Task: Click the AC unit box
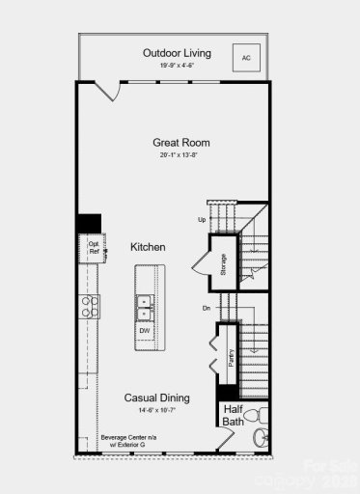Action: (245, 57)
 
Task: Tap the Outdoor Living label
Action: (177, 53)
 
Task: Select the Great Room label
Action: (180, 143)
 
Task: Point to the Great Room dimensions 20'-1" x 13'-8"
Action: (180, 155)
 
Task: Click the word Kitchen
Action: (148, 248)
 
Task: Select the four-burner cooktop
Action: (91, 307)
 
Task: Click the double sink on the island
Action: (145, 307)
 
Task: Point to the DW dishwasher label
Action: (145, 331)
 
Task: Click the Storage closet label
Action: (223, 264)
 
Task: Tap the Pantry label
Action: (232, 358)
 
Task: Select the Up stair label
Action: (202, 220)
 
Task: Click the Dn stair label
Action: (206, 309)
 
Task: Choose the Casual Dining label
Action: (156, 398)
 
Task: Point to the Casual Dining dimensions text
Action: (156, 410)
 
